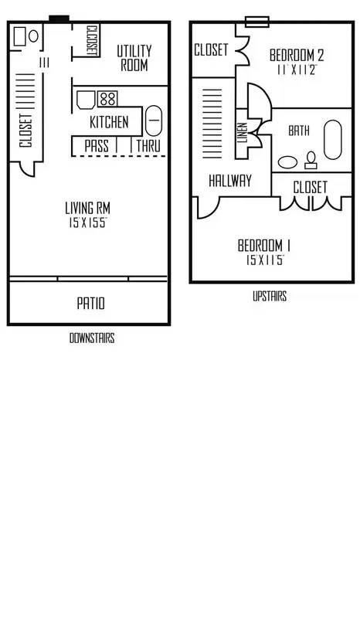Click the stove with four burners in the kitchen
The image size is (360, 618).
(107, 99)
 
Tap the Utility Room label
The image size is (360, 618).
(134, 58)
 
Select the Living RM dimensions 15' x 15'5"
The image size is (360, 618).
(87, 223)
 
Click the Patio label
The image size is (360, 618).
(90, 304)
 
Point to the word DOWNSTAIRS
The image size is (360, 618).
(92, 338)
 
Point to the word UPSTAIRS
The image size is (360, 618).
(270, 296)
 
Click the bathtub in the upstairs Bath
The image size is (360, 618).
(333, 140)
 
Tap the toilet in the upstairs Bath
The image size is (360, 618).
(311, 160)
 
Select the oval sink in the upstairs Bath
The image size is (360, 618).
(288, 162)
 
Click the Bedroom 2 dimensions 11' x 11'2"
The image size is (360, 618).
(297, 70)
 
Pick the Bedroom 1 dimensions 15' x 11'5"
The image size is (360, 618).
(265, 260)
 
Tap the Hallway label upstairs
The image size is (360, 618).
(230, 181)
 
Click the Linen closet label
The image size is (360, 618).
(243, 132)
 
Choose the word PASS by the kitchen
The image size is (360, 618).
(97, 146)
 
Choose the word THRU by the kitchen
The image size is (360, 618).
(148, 146)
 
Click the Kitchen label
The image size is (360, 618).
(109, 122)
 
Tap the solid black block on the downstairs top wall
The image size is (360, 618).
(59, 19)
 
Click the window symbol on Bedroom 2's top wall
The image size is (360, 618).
(257, 22)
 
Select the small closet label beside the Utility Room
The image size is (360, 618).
(91, 40)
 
